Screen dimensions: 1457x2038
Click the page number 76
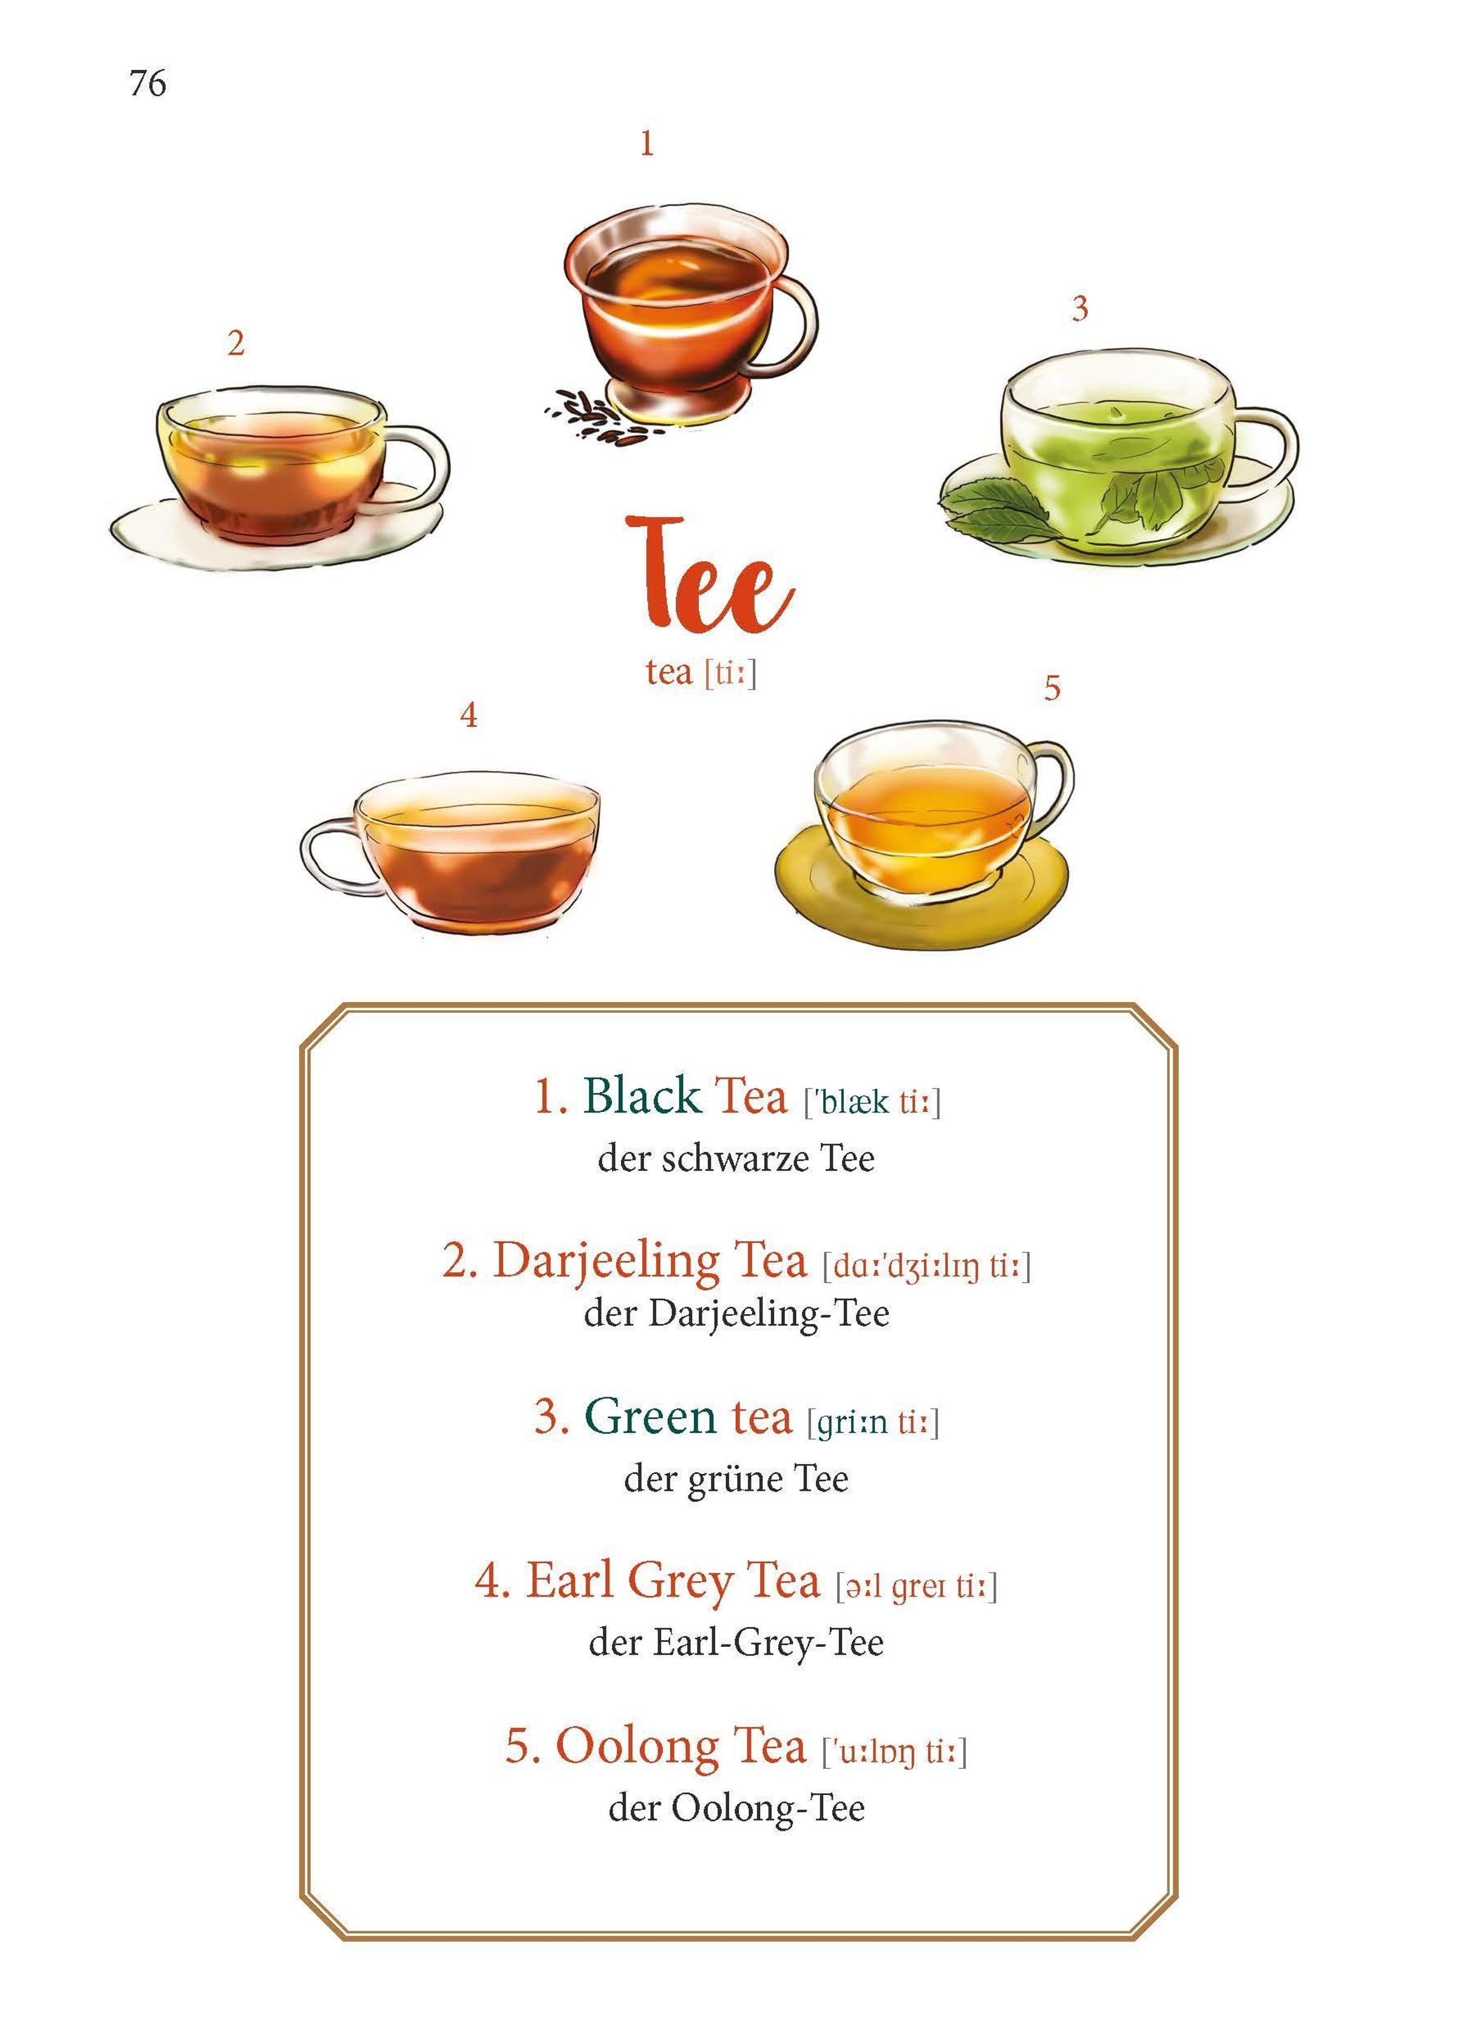pyautogui.click(x=148, y=83)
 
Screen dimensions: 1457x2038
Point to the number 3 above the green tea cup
pyautogui.click(x=1079, y=308)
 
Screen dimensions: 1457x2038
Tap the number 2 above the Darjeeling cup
pyautogui.click(x=236, y=343)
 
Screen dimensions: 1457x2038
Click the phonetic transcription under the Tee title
pyautogui.click(x=730, y=672)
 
